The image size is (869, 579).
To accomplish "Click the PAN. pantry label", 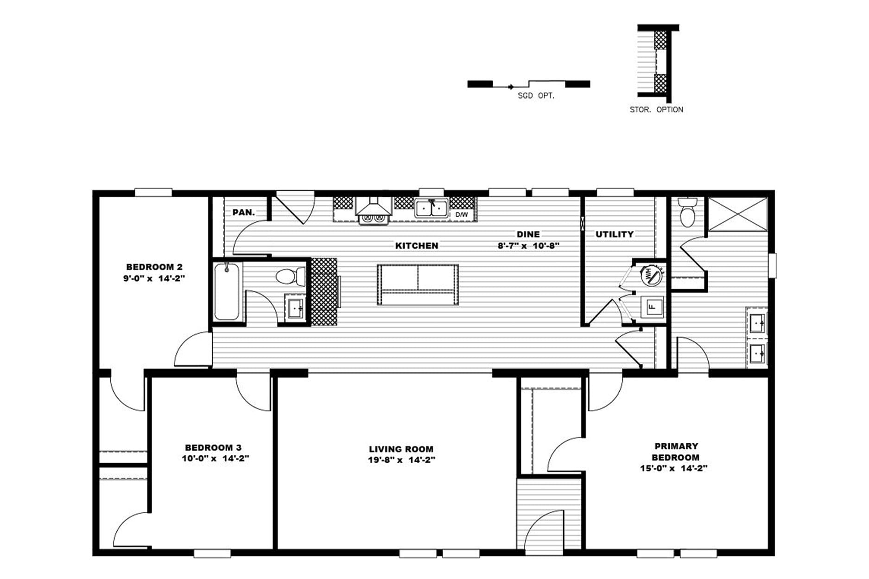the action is pos(243,213).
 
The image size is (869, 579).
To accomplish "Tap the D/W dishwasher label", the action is pos(461,214).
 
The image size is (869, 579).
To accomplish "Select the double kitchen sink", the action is pos(431,208).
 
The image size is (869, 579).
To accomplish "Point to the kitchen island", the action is pos(418,284).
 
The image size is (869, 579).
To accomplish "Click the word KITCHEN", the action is pos(417,245).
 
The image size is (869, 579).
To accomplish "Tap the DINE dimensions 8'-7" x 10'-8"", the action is pos(529,245).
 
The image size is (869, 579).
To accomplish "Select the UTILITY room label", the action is pos(615,234).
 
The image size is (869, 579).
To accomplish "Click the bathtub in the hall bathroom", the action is pos(227,291).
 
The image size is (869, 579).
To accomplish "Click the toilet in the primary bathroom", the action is pos(687,212).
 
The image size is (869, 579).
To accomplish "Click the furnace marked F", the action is pos(652,306).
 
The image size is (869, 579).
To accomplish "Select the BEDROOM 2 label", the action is pos(154,267).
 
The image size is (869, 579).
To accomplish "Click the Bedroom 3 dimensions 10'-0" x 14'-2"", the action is pos(216,459).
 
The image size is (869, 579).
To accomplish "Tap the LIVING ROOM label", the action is pos(401,449).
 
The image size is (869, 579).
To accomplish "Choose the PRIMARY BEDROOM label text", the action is pos(676,452).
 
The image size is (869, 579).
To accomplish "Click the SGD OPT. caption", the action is pos(536,96).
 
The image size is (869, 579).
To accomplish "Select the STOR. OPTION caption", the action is pos(656,109).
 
